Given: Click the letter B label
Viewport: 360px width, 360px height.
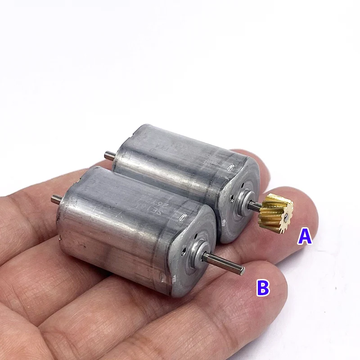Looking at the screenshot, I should coord(263,287).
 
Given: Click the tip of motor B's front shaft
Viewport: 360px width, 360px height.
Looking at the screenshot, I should coord(242,271).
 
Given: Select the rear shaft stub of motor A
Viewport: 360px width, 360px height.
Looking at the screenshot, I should coord(108,156).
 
